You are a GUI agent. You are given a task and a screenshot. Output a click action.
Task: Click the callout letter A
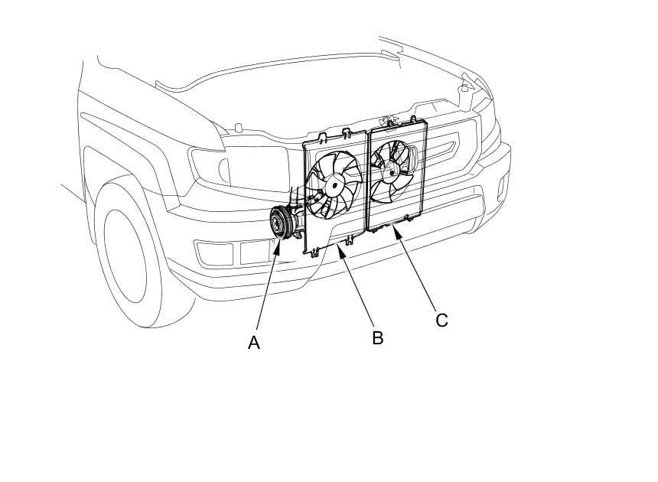coord(254,344)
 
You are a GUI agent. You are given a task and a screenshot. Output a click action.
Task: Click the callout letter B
coord(377,337)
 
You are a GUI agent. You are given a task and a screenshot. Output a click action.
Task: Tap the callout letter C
coord(441,320)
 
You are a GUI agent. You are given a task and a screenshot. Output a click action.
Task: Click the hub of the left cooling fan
coord(334,185)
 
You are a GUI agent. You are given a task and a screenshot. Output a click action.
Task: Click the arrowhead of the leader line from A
coord(276,244)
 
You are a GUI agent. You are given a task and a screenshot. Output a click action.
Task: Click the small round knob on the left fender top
coord(238,127)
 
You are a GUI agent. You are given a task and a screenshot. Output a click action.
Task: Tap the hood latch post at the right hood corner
coord(464,88)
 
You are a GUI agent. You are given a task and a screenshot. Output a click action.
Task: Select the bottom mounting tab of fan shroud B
coord(347,240)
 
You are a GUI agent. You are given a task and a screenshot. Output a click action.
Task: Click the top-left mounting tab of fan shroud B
coord(322,137)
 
